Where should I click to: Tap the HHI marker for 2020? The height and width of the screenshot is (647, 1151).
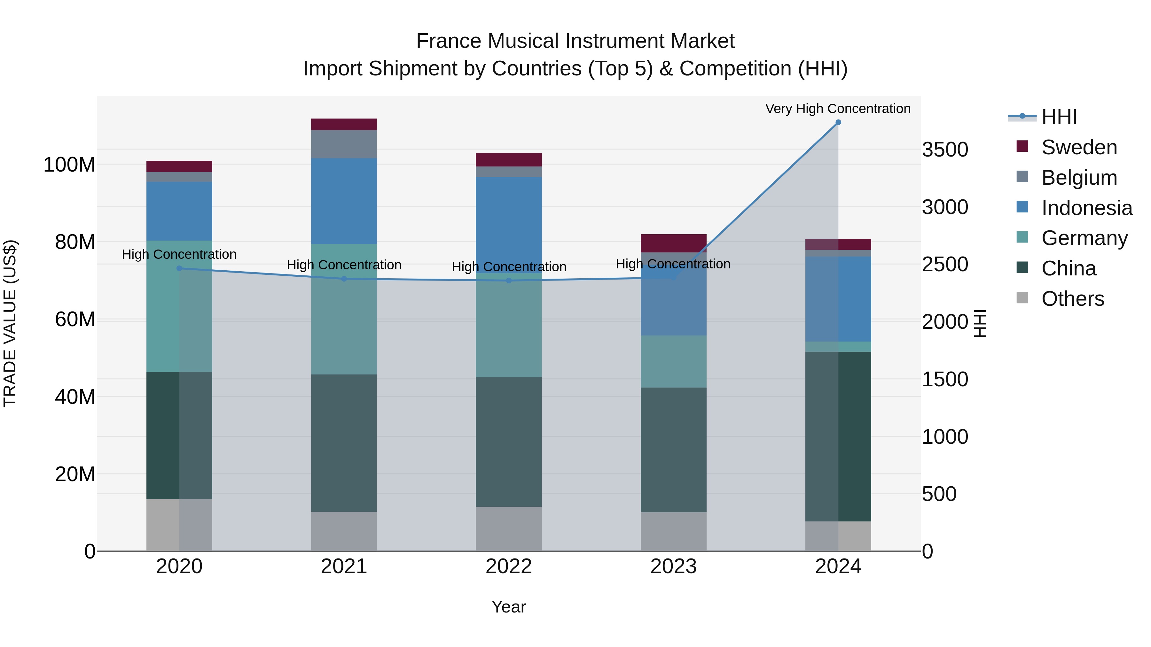(x=179, y=268)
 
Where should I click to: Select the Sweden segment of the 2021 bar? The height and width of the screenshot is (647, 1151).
(x=344, y=124)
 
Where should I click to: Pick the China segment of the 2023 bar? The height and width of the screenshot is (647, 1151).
(x=673, y=449)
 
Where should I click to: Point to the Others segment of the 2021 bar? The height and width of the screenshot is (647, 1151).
(x=344, y=531)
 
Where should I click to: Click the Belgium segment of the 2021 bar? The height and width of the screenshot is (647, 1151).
(x=344, y=144)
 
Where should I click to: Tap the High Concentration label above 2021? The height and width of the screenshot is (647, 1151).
(x=344, y=265)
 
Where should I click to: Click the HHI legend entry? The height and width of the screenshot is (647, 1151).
(x=1059, y=117)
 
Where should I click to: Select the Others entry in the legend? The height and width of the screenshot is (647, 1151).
(x=1072, y=299)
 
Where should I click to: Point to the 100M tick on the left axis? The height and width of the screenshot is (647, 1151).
(x=69, y=165)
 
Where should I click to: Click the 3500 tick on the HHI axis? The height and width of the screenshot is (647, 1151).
(x=944, y=150)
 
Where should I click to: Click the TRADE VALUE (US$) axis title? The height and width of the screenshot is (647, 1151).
(x=10, y=323)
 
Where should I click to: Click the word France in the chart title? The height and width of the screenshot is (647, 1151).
(x=449, y=41)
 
